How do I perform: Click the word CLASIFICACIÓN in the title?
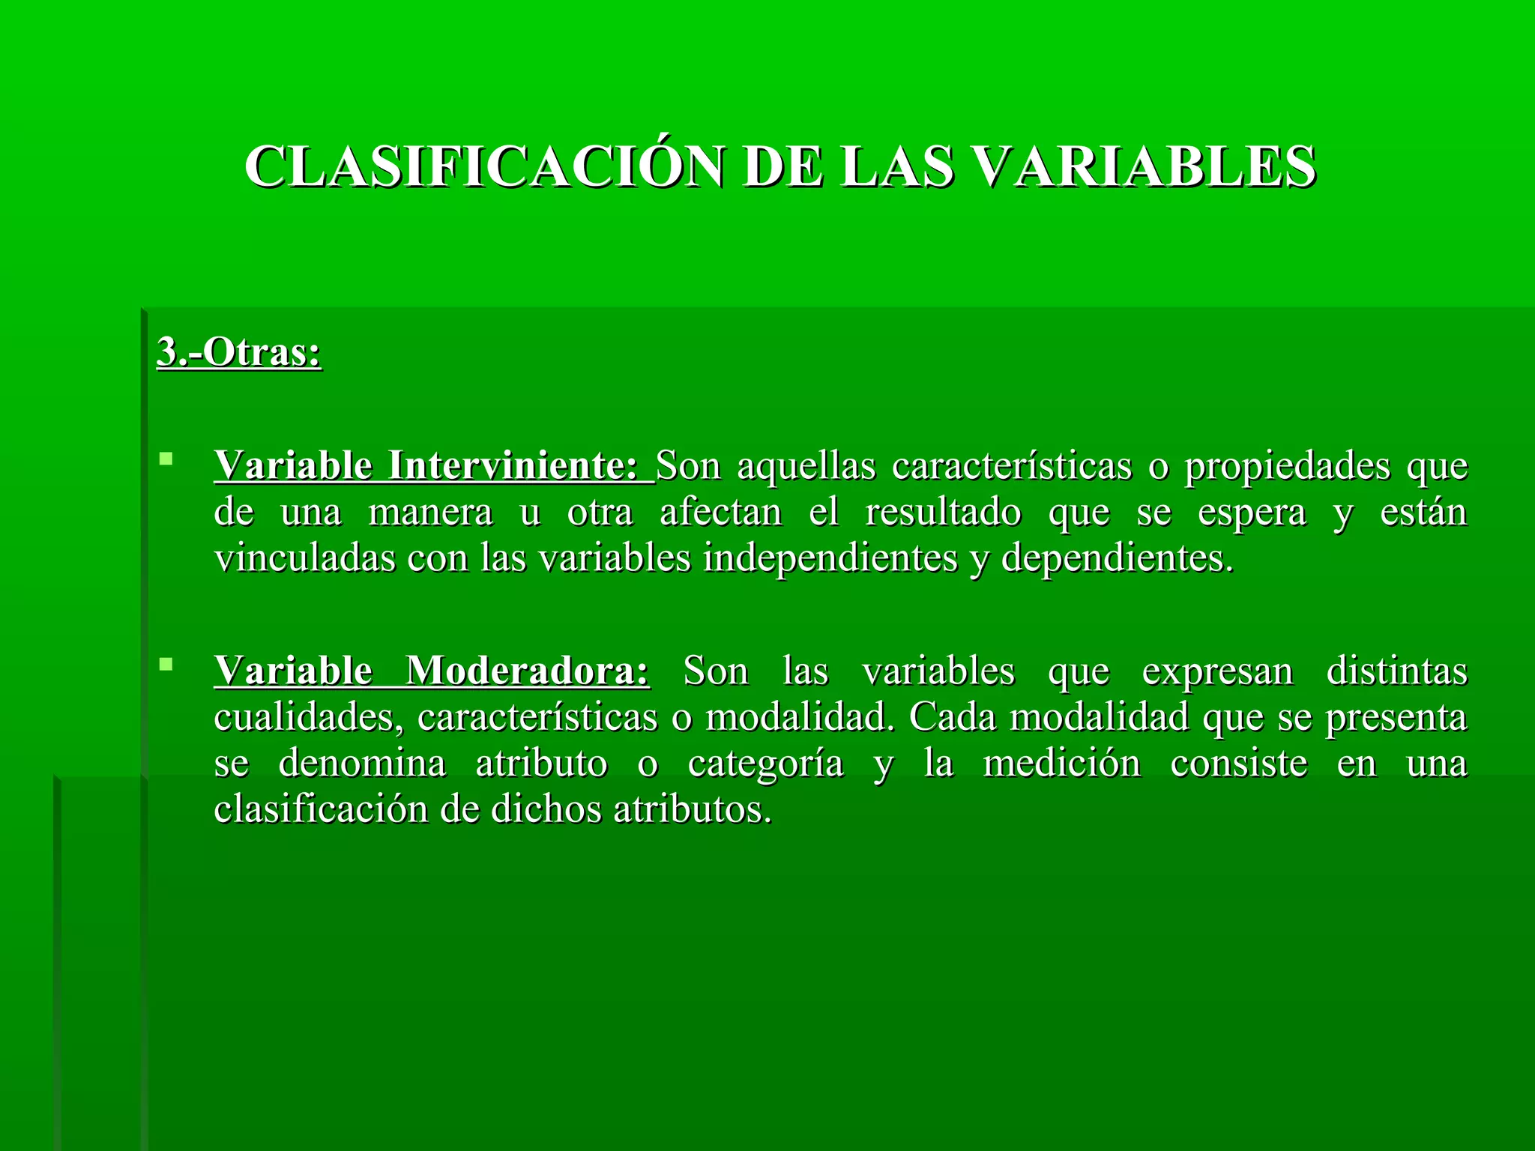484,166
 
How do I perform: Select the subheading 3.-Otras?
239,351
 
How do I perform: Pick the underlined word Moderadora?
528,670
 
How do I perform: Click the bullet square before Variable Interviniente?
166,458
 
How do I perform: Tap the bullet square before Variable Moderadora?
166,663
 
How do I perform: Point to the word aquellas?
806,465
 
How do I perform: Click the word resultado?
943,513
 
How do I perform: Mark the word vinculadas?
304,558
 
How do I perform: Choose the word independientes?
830,558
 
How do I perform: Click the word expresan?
1217,670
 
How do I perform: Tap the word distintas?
1396,670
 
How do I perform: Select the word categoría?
765,764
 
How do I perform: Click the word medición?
1062,764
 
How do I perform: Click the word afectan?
721,513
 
